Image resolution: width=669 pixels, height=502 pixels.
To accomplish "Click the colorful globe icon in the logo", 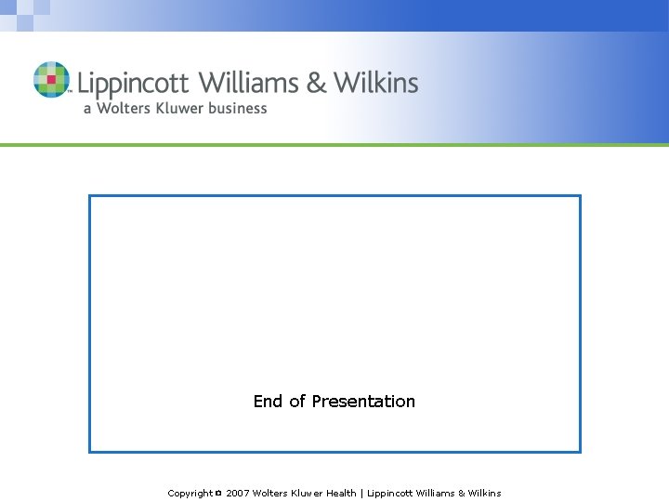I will tap(51, 80).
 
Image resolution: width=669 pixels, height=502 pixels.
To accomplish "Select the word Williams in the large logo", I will tap(248, 83).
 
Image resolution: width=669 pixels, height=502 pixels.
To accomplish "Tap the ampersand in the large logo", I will tap(317, 83).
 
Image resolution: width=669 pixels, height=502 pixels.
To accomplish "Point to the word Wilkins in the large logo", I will tap(376, 83).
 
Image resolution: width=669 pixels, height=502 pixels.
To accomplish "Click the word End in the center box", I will tap(268, 402).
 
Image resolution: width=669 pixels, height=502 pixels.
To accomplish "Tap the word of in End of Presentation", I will tap(297, 402).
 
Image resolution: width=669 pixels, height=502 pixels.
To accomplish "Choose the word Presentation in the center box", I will tap(363, 402).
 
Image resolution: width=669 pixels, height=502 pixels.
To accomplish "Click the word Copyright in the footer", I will tap(190, 494).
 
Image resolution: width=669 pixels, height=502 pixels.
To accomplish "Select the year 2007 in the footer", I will tap(238, 494).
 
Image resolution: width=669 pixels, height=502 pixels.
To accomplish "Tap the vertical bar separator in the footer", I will tap(361, 494).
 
